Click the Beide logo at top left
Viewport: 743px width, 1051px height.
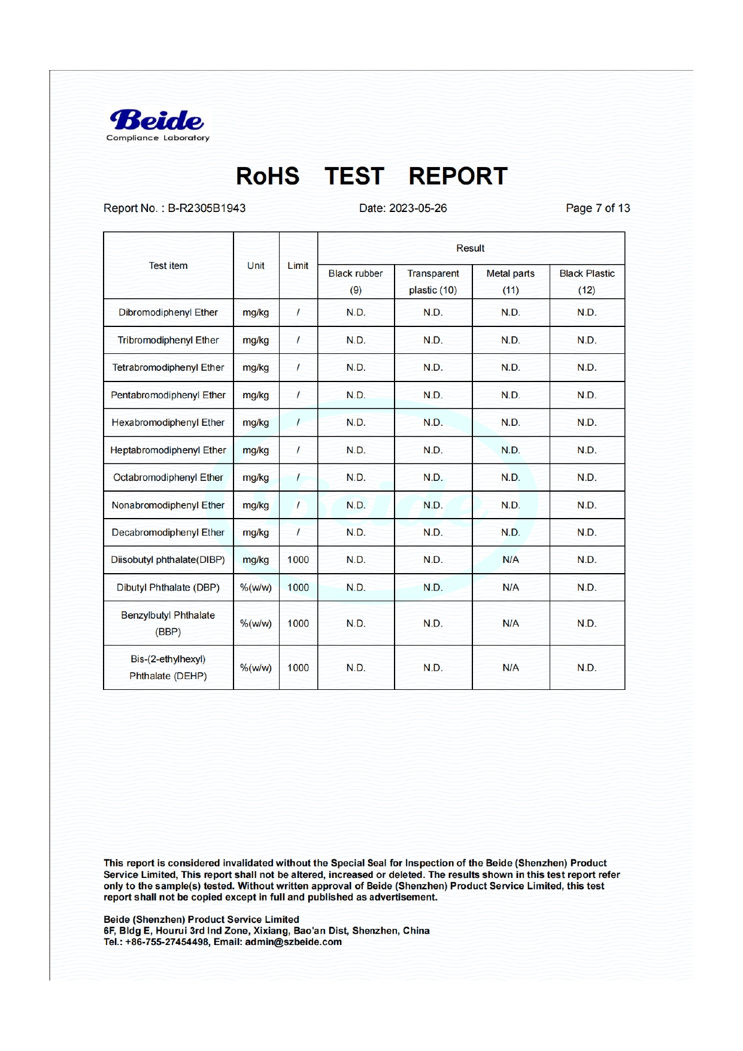157,125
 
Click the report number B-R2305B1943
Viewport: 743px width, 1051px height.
206,208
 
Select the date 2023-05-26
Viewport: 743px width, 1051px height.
417,208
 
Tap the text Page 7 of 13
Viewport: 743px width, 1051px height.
598,208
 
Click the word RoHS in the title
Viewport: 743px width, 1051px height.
267,177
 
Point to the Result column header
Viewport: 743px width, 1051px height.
470,249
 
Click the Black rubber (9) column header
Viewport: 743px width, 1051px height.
356,281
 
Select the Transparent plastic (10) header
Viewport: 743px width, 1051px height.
433,281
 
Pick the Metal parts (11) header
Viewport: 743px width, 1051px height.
510,281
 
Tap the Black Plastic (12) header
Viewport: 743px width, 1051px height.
587,281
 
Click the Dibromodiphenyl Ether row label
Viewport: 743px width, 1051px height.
168,313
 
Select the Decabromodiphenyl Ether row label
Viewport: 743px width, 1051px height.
168,532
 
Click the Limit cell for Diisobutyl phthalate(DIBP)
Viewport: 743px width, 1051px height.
298,560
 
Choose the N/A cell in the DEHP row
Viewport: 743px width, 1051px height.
511,668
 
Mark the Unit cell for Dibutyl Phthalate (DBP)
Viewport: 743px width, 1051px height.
256,587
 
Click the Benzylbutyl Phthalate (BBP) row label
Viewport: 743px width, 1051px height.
168,623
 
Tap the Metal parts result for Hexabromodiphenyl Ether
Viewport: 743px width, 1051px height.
511,423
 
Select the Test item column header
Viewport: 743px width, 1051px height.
168,266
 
